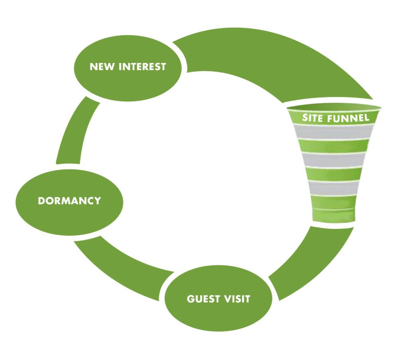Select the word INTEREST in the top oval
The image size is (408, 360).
click(142, 67)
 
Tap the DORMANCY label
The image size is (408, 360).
click(69, 201)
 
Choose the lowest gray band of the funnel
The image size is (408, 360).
click(335, 188)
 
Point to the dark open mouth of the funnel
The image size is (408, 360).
click(335, 107)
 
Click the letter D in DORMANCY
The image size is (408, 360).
click(41, 201)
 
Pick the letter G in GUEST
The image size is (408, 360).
click(190, 299)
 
